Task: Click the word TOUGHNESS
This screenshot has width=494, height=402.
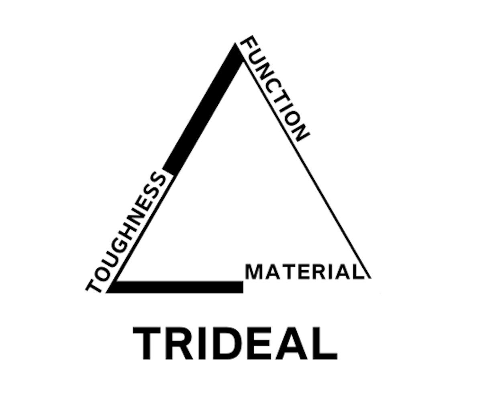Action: [x=125, y=233]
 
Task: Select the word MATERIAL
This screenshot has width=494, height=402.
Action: [x=304, y=272]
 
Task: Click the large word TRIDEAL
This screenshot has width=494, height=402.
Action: [x=235, y=344]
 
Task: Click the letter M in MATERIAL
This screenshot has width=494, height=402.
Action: [x=254, y=272]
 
